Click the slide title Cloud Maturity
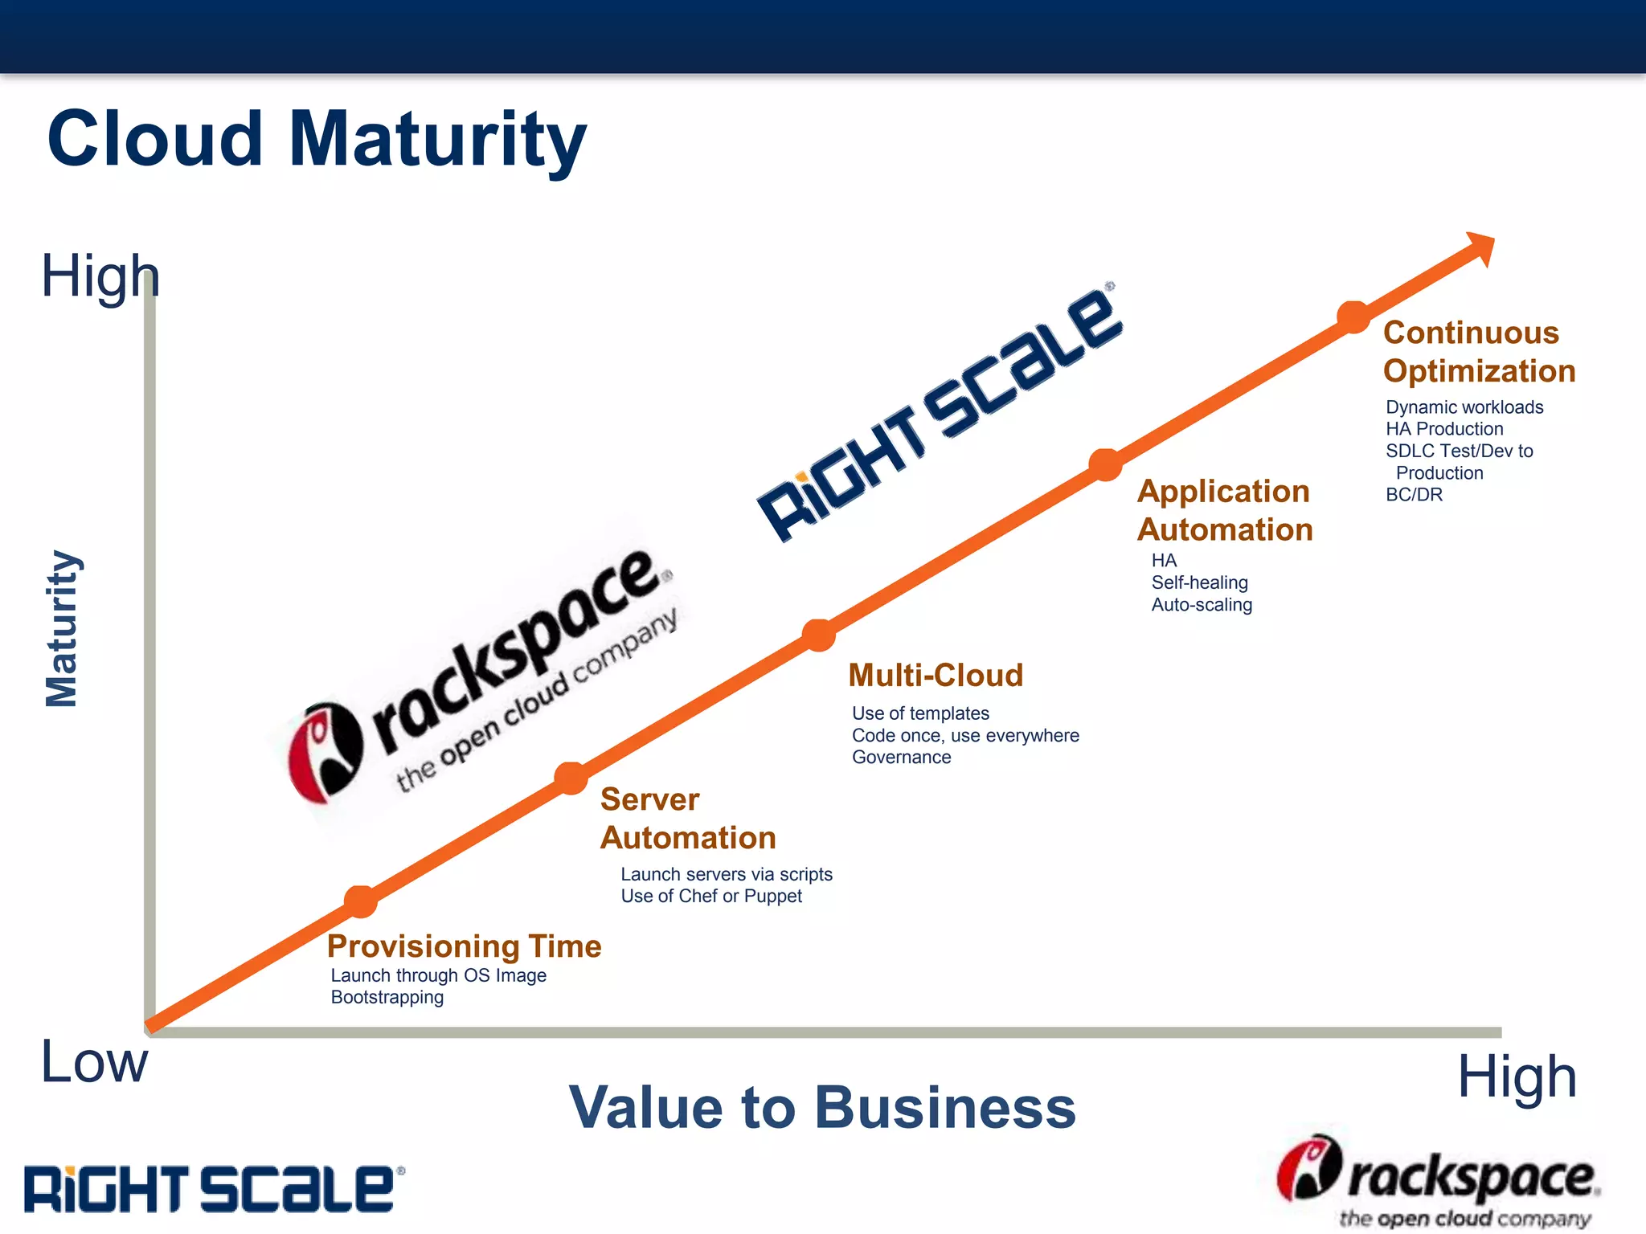[317, 139]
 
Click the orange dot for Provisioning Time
[361, 901]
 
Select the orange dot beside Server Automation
[571, 778]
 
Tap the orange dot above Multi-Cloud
[819, 635]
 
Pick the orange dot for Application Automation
[1105, 464]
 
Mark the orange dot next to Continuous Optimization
[1353, 317]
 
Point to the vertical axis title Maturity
[62, 628]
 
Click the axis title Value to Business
[821, 1107]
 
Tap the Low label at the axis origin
[94, 1062]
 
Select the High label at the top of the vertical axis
[100, 276]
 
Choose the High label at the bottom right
[1517, 1077]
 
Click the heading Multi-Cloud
[936, 675]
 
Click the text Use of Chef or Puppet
[711, 896]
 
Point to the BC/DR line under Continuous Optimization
[1414, 495]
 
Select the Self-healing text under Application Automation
[1199, 582]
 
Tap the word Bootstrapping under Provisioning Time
[387, 997]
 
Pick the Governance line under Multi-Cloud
[901, 757]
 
